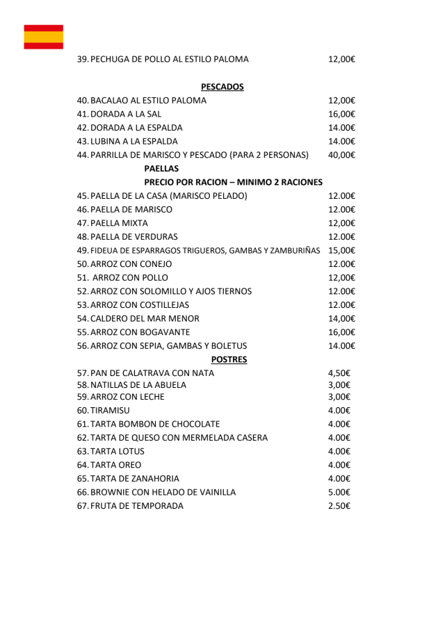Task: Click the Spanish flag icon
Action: [x=43, y=37]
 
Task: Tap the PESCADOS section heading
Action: [x=222, y=87]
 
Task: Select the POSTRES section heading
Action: [x=229, y=359]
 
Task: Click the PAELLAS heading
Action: [x=161, y=168]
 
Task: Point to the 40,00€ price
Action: [x=341, y=155]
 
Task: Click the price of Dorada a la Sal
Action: [x=341, y=114]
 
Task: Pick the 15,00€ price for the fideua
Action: [x=341, y=250]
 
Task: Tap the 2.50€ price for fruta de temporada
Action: [x=339, y=506]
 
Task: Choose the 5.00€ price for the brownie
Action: [x=339, y=492]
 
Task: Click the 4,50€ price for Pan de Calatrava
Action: [x=339, y=373]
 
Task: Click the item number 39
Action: [x=82, y=59]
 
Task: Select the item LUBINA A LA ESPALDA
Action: [x=134, y=141]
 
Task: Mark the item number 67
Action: [x=82, y=506]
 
